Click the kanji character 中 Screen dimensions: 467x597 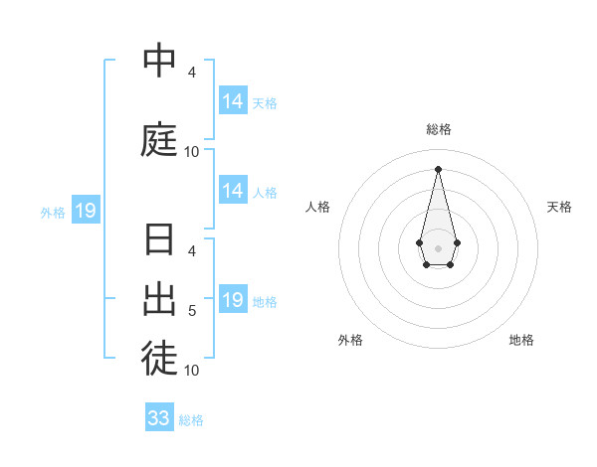pos(159,62)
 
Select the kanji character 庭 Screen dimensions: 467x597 pos(159,139)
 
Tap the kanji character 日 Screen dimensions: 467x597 pos(159,241)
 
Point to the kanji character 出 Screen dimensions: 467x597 pos(159,298)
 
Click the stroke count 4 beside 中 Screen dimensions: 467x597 pos(192,73)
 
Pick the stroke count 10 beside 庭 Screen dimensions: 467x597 pos(192,152)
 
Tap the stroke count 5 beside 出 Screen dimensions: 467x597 pos(192,311)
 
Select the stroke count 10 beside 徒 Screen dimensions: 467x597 pos(192,371)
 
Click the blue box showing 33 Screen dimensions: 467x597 pos(159,418)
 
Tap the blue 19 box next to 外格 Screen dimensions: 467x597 pos(85,211)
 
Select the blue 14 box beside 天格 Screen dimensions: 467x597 pos(233,101)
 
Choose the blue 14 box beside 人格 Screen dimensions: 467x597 pos(233,191)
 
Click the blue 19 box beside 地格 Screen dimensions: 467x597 pos(233,300)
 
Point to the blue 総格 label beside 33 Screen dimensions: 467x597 pos(191,420)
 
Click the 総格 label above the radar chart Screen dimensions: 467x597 pos(438,129)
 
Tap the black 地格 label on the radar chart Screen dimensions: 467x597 pos(521,340)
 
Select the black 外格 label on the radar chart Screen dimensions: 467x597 pos(350,340)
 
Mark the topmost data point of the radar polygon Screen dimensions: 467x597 pos(438,168)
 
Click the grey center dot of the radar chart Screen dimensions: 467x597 pos(438,246)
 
